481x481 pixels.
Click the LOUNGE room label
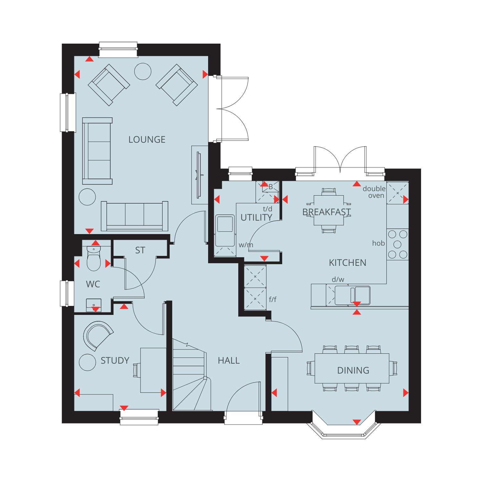point(147,139)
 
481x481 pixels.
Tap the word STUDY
point(115,360)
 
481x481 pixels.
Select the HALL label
point(229,360)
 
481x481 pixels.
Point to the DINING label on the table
point(353,370)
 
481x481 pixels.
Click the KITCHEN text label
point(348,263)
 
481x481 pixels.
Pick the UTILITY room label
point(256,217)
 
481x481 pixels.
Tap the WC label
point(93,284)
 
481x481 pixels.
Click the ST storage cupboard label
point(140,250)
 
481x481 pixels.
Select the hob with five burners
point(398,244)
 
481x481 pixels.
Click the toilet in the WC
point(94,258)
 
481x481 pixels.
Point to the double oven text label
point(374,192)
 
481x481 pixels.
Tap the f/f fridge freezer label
point(273,300)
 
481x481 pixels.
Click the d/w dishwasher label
point(338,279)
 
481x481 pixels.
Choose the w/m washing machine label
point(246,245)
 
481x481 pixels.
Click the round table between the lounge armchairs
point(143,71)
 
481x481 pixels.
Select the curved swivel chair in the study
point(97,335)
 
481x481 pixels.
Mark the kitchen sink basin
point(352,295)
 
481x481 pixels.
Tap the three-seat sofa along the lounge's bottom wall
point(135,216)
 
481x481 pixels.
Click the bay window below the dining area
point(344,428)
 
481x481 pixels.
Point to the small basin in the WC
point(94,305)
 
